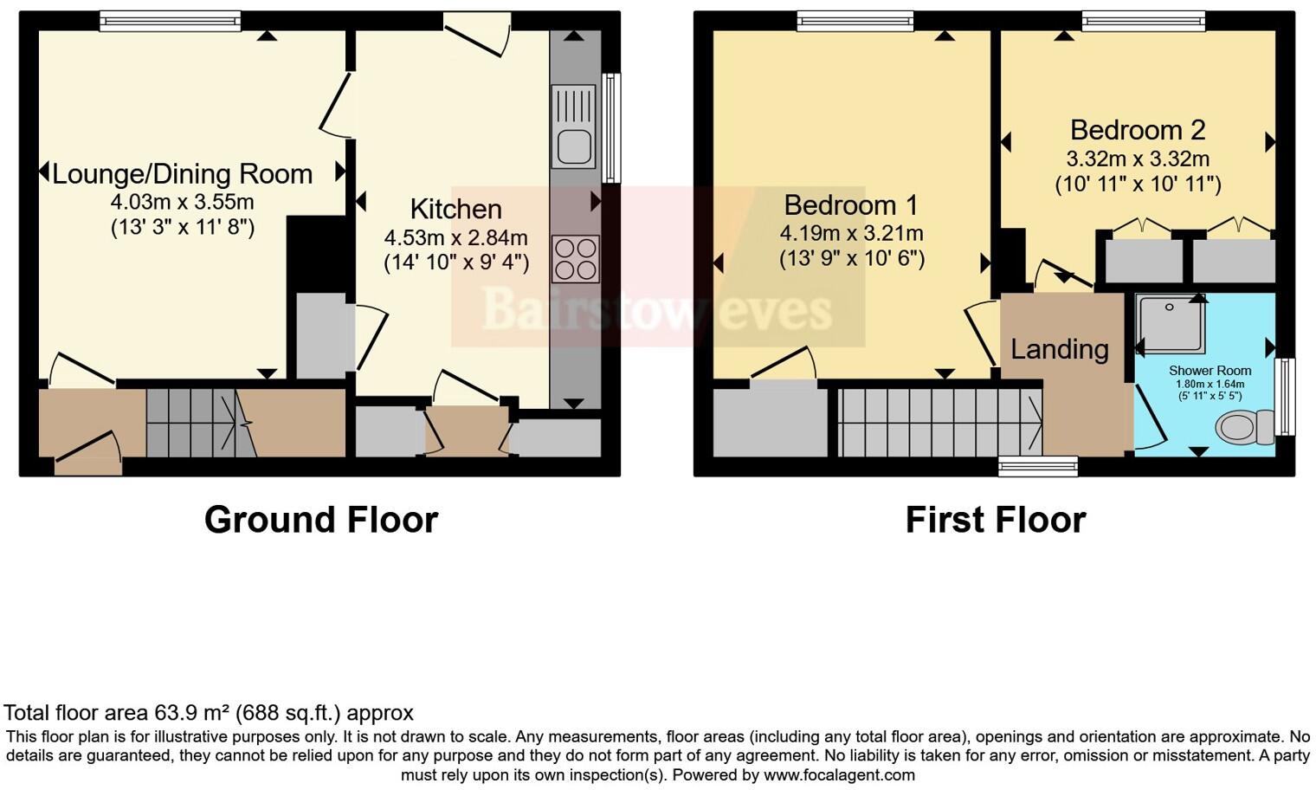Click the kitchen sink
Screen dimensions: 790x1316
pyautogui.click(x=573, y=126)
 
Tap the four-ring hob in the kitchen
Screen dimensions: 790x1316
pyautogui.click(x=576, y=259)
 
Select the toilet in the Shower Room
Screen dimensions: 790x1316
pyautogui.click(x=1244, y=426)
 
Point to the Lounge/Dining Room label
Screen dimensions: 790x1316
pyautogui.click(x=182, y=174)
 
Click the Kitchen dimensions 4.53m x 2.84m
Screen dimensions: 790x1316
pyautogui.click(x=455, y=237)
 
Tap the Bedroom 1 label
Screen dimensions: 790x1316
pyautogui.click(x=850, y=205)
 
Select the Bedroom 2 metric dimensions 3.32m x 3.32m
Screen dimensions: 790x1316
pyautogui.click(x=1137, y=159)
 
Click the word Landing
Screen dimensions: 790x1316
pyautogui.click(x=1060, y=349)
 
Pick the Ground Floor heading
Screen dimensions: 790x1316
pyautogui.click(x=320, y=520)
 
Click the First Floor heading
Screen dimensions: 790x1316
pyautogui.click(x=995, y=520)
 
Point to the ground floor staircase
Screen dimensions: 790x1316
pyautogui.click(x=190, y=423)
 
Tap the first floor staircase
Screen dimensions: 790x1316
pyautogui.click(x=939, y=423)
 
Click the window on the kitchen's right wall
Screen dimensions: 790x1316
pyautogui.click(x=612, y=127)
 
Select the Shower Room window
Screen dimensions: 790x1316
pyautogui.click(x=1287, y=397)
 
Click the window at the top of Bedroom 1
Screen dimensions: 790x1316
pyautogui.click(x=855, y=21)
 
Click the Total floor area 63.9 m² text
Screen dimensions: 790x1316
pyautogui.click(x=208, y=713)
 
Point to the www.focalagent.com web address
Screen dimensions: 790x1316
pyautogui.click(x=838, y=774)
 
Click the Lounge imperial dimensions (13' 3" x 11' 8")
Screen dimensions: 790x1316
pyautogui.click(x=182, y=228)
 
